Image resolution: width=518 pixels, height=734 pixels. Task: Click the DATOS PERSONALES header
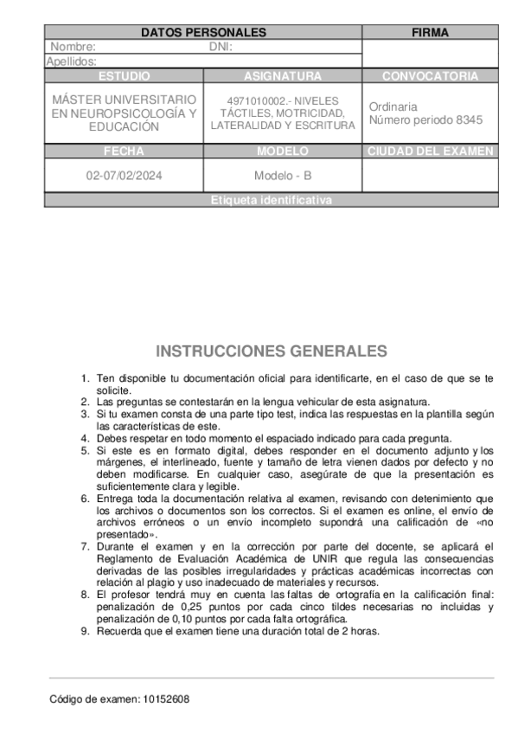(x=203, y=33)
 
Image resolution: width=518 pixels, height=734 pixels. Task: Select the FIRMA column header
(x=430, y=33)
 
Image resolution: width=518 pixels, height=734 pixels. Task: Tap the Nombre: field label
(x=74, y=48)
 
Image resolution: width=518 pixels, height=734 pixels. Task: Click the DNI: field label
(x=221, y=48)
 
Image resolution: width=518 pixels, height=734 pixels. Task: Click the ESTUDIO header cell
(x=124, y=76)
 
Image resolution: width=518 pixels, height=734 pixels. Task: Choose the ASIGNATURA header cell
(x=283, y=76)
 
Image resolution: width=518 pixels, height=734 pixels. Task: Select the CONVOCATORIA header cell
(x=430, y=76)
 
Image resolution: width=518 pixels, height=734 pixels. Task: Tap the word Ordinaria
(x=393, y=106)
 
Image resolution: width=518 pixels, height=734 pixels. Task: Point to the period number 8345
(x=470, y=120)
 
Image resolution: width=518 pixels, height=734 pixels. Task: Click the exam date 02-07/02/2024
(x=124, y=176)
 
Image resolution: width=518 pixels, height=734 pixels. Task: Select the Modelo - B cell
(x=283, y=176)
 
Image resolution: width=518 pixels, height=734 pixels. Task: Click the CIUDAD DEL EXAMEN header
(x=430, y=151)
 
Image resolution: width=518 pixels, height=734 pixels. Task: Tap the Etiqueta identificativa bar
(x=271, y=201)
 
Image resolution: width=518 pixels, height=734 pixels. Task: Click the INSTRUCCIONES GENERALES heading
(x=272, y=351)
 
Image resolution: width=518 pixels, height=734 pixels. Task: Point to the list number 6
(x=84, y=499)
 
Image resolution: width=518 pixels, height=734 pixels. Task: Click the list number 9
(x=84, y=631)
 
